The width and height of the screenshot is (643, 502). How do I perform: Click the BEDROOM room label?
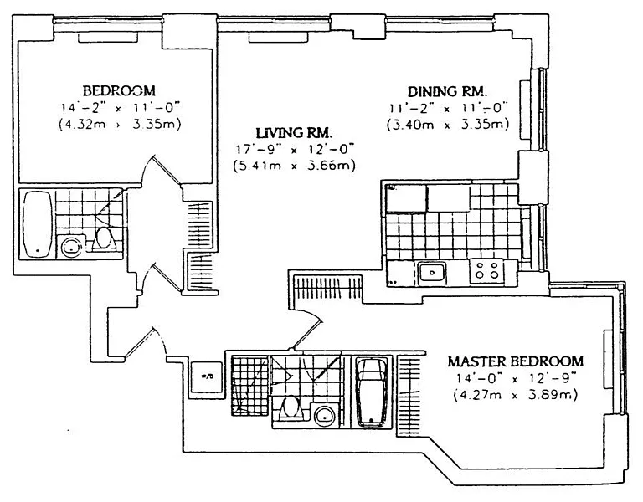(119, 90)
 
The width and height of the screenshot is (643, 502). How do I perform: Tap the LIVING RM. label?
(295, 132)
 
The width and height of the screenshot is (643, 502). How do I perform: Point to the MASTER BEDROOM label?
(515, 361)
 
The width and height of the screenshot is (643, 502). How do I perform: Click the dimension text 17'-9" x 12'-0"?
(294, 149)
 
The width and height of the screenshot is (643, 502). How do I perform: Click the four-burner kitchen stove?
(487, 270)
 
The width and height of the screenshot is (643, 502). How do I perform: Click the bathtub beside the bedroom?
(37, 224)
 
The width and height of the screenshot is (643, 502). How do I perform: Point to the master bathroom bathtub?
(369, 392)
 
